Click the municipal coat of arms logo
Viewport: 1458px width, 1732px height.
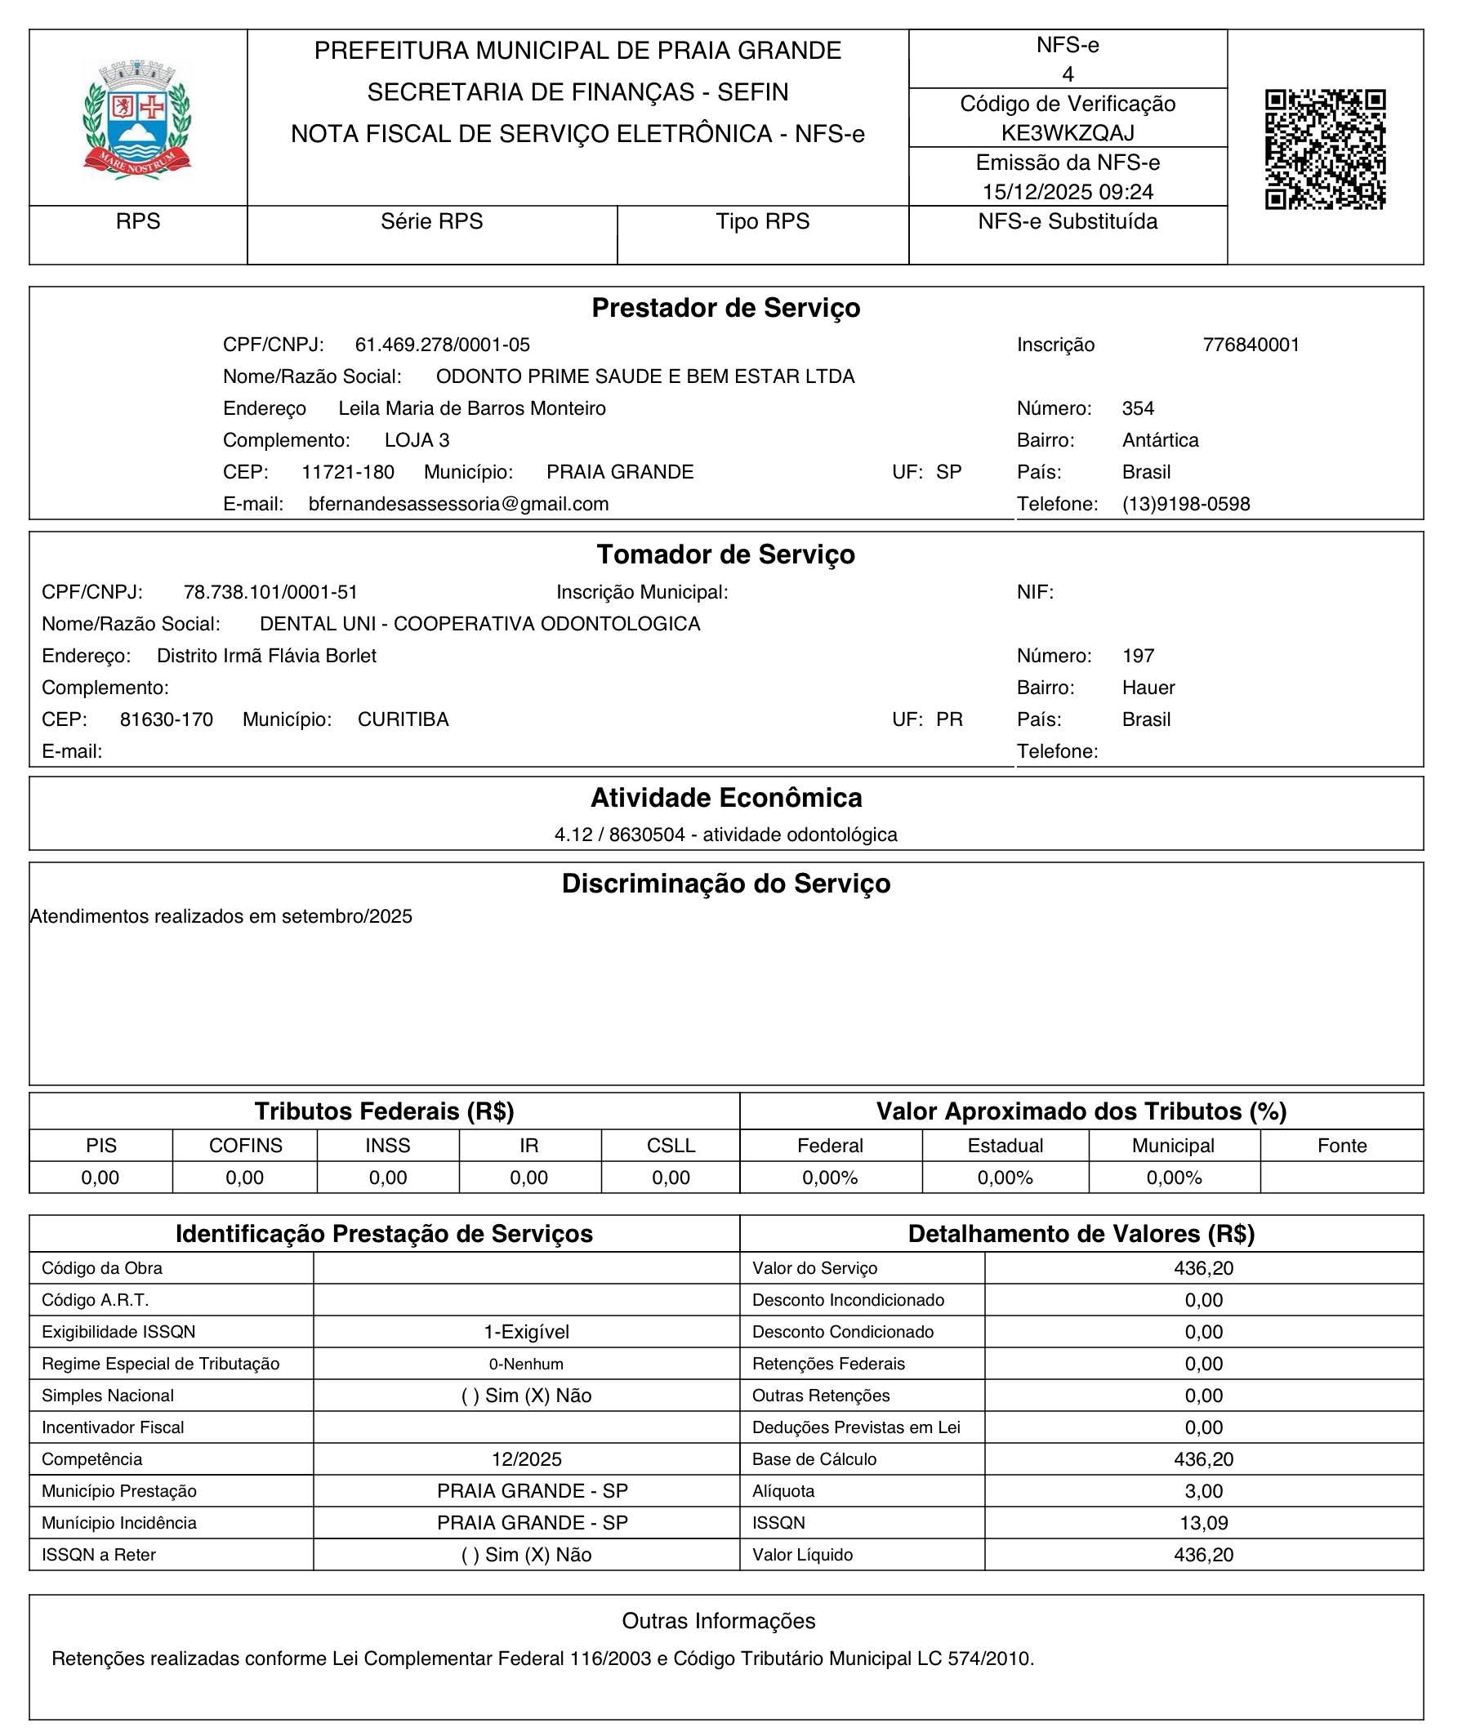137,118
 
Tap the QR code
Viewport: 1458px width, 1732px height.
1325,149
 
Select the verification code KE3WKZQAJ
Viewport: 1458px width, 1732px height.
1067,133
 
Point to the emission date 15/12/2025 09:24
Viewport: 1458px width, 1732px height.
1067,193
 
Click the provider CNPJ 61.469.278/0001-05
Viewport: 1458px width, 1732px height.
442,345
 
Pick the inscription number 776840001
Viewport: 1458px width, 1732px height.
1251,345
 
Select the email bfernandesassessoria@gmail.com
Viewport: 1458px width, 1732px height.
458,504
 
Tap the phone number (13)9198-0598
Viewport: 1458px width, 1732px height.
1185,504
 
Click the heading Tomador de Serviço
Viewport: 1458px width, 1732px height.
725,554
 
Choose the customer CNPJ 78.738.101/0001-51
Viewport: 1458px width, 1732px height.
270,592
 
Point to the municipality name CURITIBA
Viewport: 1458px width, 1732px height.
404,719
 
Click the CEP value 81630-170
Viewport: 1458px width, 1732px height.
166,719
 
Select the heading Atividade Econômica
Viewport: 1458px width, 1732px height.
725,799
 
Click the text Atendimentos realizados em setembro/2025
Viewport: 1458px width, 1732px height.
221,916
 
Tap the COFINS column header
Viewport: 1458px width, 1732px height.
246,1146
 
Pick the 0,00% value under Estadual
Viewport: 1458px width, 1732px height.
1005,1178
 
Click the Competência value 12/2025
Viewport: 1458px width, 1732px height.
527,1459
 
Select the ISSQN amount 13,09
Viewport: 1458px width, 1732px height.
1203,1523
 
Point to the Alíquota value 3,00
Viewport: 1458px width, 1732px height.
1203,1491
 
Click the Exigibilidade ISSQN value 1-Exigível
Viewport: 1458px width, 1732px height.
527,1332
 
